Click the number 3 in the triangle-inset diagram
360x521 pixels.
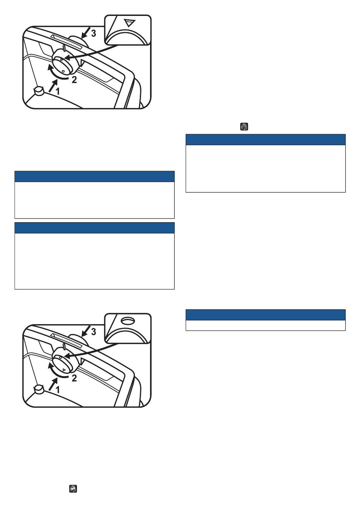pos(93,33)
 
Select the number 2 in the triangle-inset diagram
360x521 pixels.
pos(74,80)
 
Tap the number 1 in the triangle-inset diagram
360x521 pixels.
pos(58,91)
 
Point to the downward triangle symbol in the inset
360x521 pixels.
pos(130,23)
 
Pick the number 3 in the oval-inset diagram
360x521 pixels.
pos(94,331)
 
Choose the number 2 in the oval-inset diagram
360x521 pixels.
pos(74,378)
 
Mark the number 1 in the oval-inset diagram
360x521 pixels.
pos(58,389)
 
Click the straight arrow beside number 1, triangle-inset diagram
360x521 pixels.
pos(53,85)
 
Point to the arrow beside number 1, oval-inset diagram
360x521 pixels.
pos(53,383)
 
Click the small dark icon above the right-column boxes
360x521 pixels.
pos(244,127)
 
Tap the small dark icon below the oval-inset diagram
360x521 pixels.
pos(73,489)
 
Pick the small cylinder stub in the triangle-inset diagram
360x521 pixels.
pos(39,91)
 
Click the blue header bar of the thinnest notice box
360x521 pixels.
pos(265,315)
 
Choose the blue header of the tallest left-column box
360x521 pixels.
pos(94,228)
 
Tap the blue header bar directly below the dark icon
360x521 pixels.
pos(265,140)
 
